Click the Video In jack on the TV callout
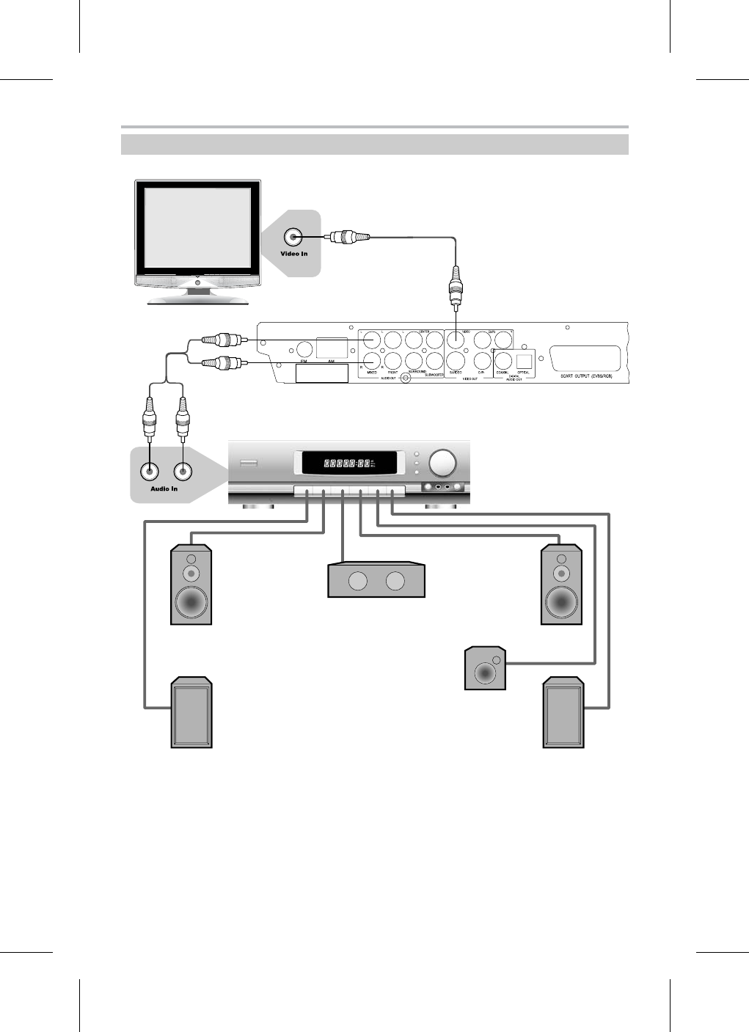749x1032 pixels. pos(294,237)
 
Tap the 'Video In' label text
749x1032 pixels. pos(294,254)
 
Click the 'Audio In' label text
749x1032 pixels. pos(164,488)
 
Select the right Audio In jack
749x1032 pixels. pos(183,472)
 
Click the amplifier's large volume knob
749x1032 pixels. pos(443,462)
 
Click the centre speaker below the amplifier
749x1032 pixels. pos(376,581)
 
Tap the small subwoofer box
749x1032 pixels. pos(486,668)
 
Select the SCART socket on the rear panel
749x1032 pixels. pos(584,358)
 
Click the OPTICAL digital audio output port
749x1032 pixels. pos(524,360)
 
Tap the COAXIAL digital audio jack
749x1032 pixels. pos(503,360)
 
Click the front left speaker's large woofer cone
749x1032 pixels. pos(191,603)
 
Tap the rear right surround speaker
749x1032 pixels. pos(563,714)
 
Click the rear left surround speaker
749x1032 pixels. pos(191,714)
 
